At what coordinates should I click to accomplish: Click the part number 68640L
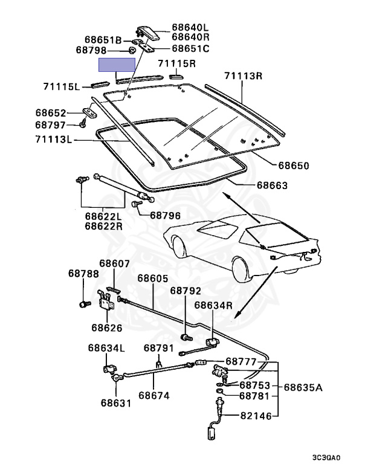coord(189,27)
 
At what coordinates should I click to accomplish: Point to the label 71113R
coord(244,76)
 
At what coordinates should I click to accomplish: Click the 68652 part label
coord(51,113)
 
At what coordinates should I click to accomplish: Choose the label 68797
coord(51,125)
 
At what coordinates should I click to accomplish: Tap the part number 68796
coord(165,214)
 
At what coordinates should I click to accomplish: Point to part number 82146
coord(256,416)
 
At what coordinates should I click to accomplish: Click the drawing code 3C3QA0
coord(344,457)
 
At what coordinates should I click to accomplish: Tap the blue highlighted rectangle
coord(117,65)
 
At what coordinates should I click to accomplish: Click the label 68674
coord(153,396)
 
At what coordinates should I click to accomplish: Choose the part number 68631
coord(116,402)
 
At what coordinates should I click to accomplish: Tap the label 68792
coord(186,291)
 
